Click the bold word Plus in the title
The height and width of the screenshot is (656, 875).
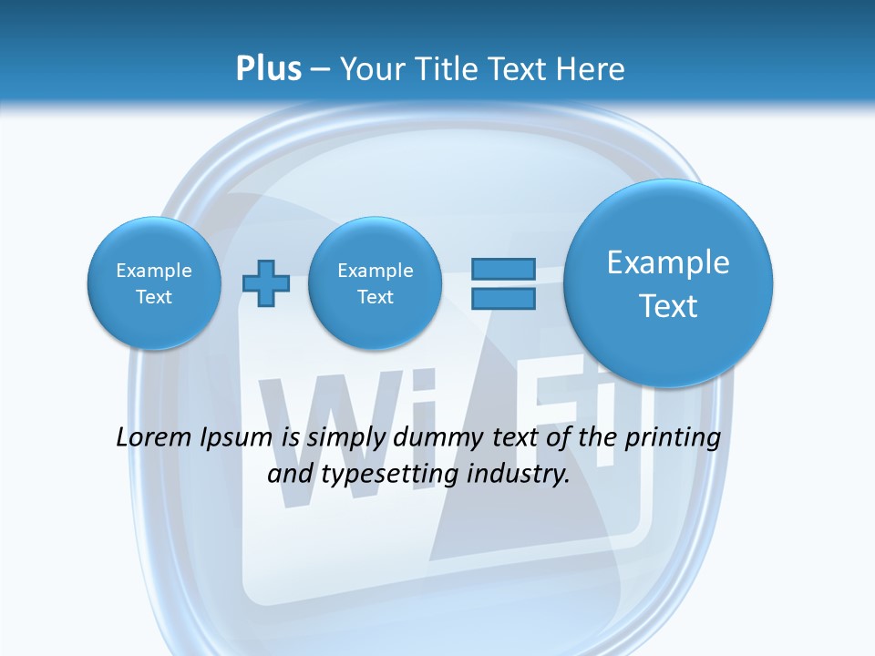tap(268, 69)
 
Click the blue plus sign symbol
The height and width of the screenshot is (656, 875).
tap(266, 283)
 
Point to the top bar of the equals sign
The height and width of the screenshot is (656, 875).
tap(503, 269)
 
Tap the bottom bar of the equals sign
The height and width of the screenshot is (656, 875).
tap(503, 298)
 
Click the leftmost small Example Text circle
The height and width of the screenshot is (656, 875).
tap(154, 283)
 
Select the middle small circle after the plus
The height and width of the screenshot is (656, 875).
tap(375, 283)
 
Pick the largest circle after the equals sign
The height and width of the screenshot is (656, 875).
tap(668, 283)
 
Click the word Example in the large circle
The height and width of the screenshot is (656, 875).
tap(668, 262)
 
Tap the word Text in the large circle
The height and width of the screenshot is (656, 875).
tap(668, 306)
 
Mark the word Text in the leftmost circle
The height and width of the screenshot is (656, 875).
tap(154, 297)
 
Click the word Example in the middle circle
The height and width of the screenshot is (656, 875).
tap(375, 271)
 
